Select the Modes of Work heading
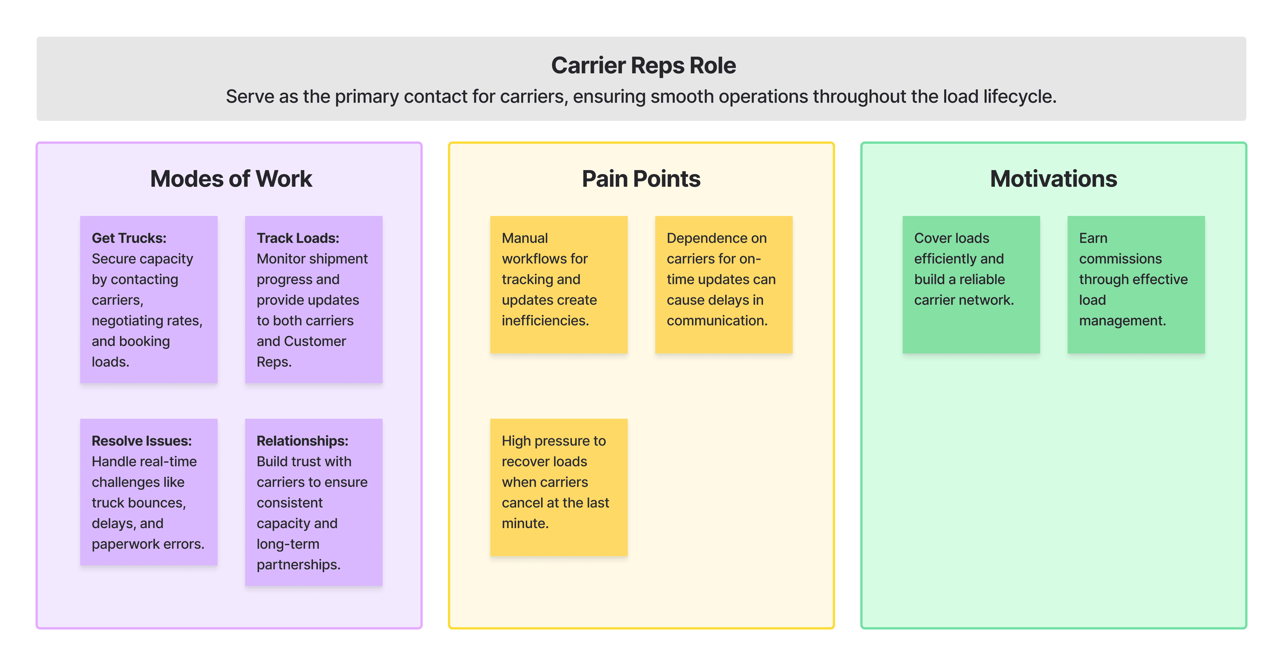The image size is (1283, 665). [231, 179]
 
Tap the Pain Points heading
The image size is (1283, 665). [641, 179]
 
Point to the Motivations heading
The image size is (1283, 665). [1053, 179]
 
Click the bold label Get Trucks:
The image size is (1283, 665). [129, 238]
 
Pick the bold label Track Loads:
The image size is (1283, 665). [298, 238]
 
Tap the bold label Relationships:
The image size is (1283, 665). [302, 441]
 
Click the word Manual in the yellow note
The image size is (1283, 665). [524, 238]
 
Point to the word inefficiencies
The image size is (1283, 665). [545, 320]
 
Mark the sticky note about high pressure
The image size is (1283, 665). [559, 487]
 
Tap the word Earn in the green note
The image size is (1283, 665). [1093, 238]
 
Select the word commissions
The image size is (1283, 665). [1120, 259]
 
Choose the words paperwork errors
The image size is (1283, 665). [148, 544]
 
